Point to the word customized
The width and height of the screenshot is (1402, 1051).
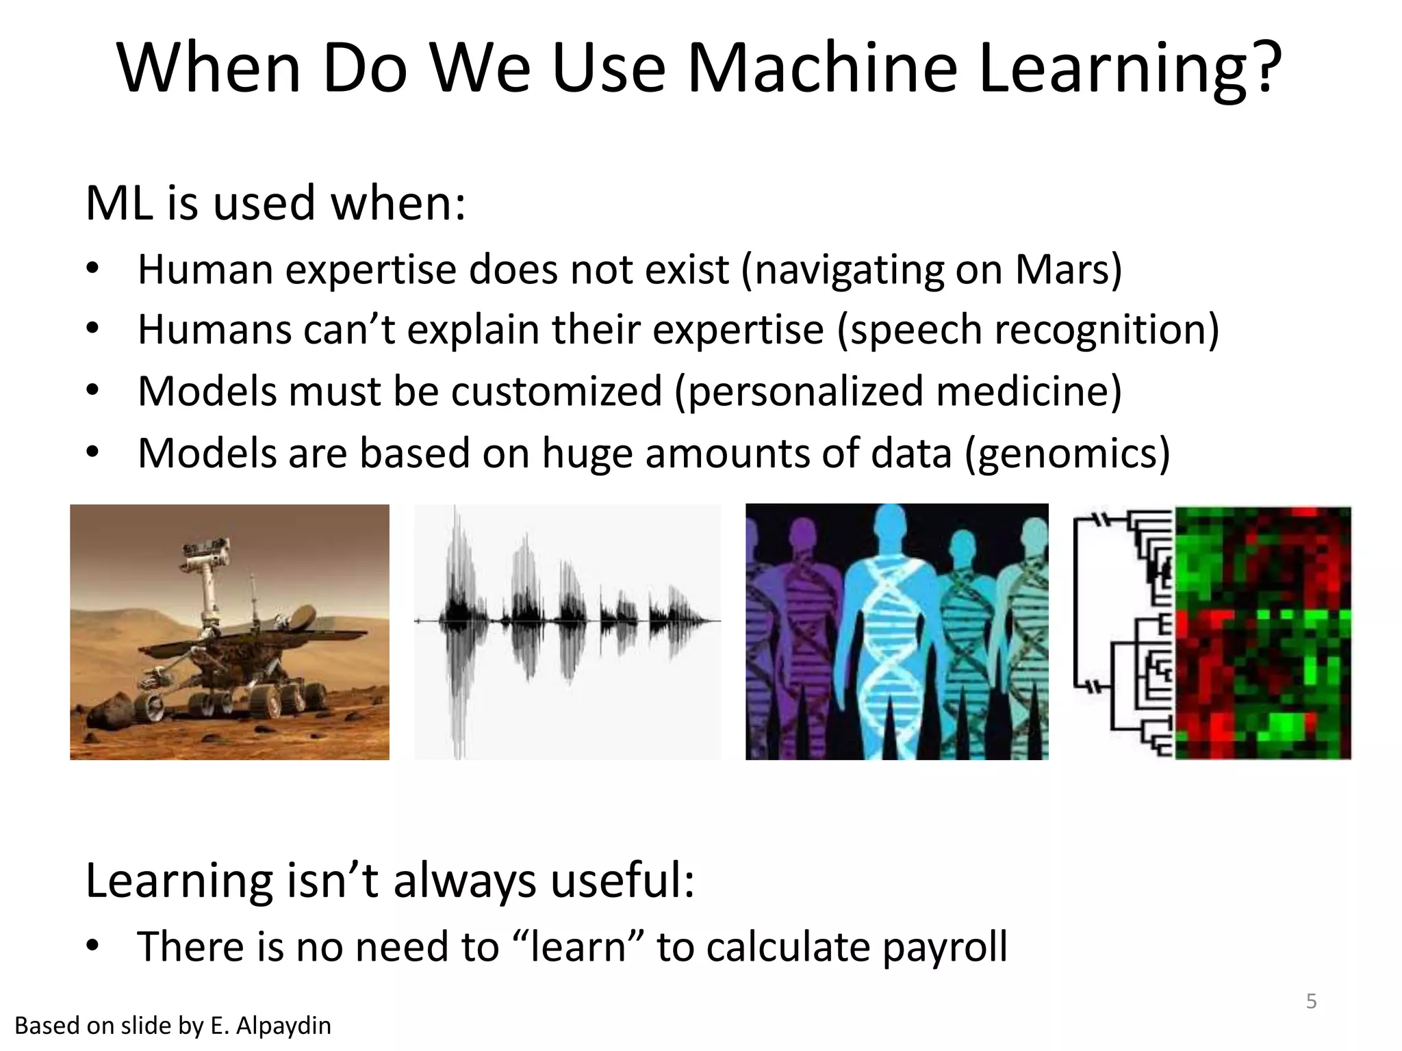pyautogui.click(x=556, y=391)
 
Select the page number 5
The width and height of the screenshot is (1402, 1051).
pyautogui.click(x=1311, y=1001)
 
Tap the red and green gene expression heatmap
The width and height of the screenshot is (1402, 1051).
pyautogui.click(x=1263, y=633)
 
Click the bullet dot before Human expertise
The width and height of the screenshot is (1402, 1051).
pyautogui.click(x=93, y=269)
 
